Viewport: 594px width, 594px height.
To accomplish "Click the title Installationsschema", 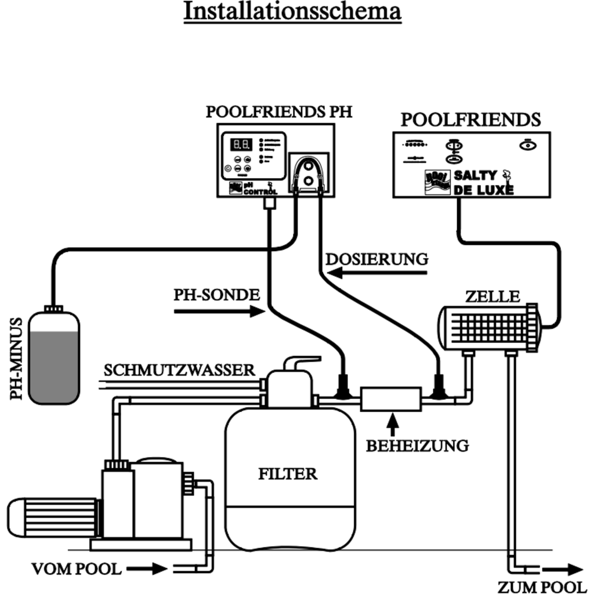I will tap(292, 11).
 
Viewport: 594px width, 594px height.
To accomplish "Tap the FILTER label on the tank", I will tap(288, 474).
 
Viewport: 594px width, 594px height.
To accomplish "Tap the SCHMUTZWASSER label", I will tap(179, 370).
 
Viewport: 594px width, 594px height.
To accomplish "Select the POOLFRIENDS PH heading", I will tap(278, 112).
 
